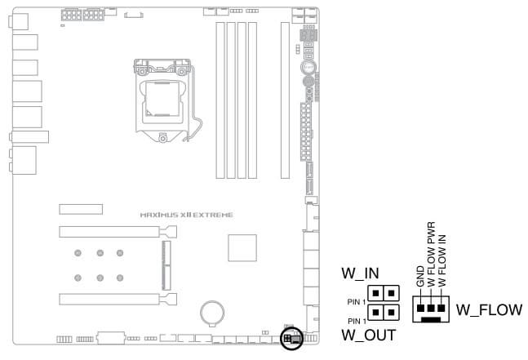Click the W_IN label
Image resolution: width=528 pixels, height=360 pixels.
[360, 273]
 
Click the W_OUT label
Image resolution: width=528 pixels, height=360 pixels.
[369, 335]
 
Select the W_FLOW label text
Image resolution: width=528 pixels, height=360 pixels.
[489, 310]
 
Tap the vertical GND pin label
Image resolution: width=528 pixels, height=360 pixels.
[420, 277]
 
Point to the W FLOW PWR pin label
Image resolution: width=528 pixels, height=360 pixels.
[432, 254]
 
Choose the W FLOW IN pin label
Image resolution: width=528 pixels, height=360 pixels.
[441, 261]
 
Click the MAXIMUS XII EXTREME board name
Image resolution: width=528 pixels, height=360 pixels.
[186, 215]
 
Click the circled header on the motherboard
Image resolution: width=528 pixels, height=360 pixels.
[291, 338]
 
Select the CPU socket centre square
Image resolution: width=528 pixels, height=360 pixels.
[162, 98]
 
